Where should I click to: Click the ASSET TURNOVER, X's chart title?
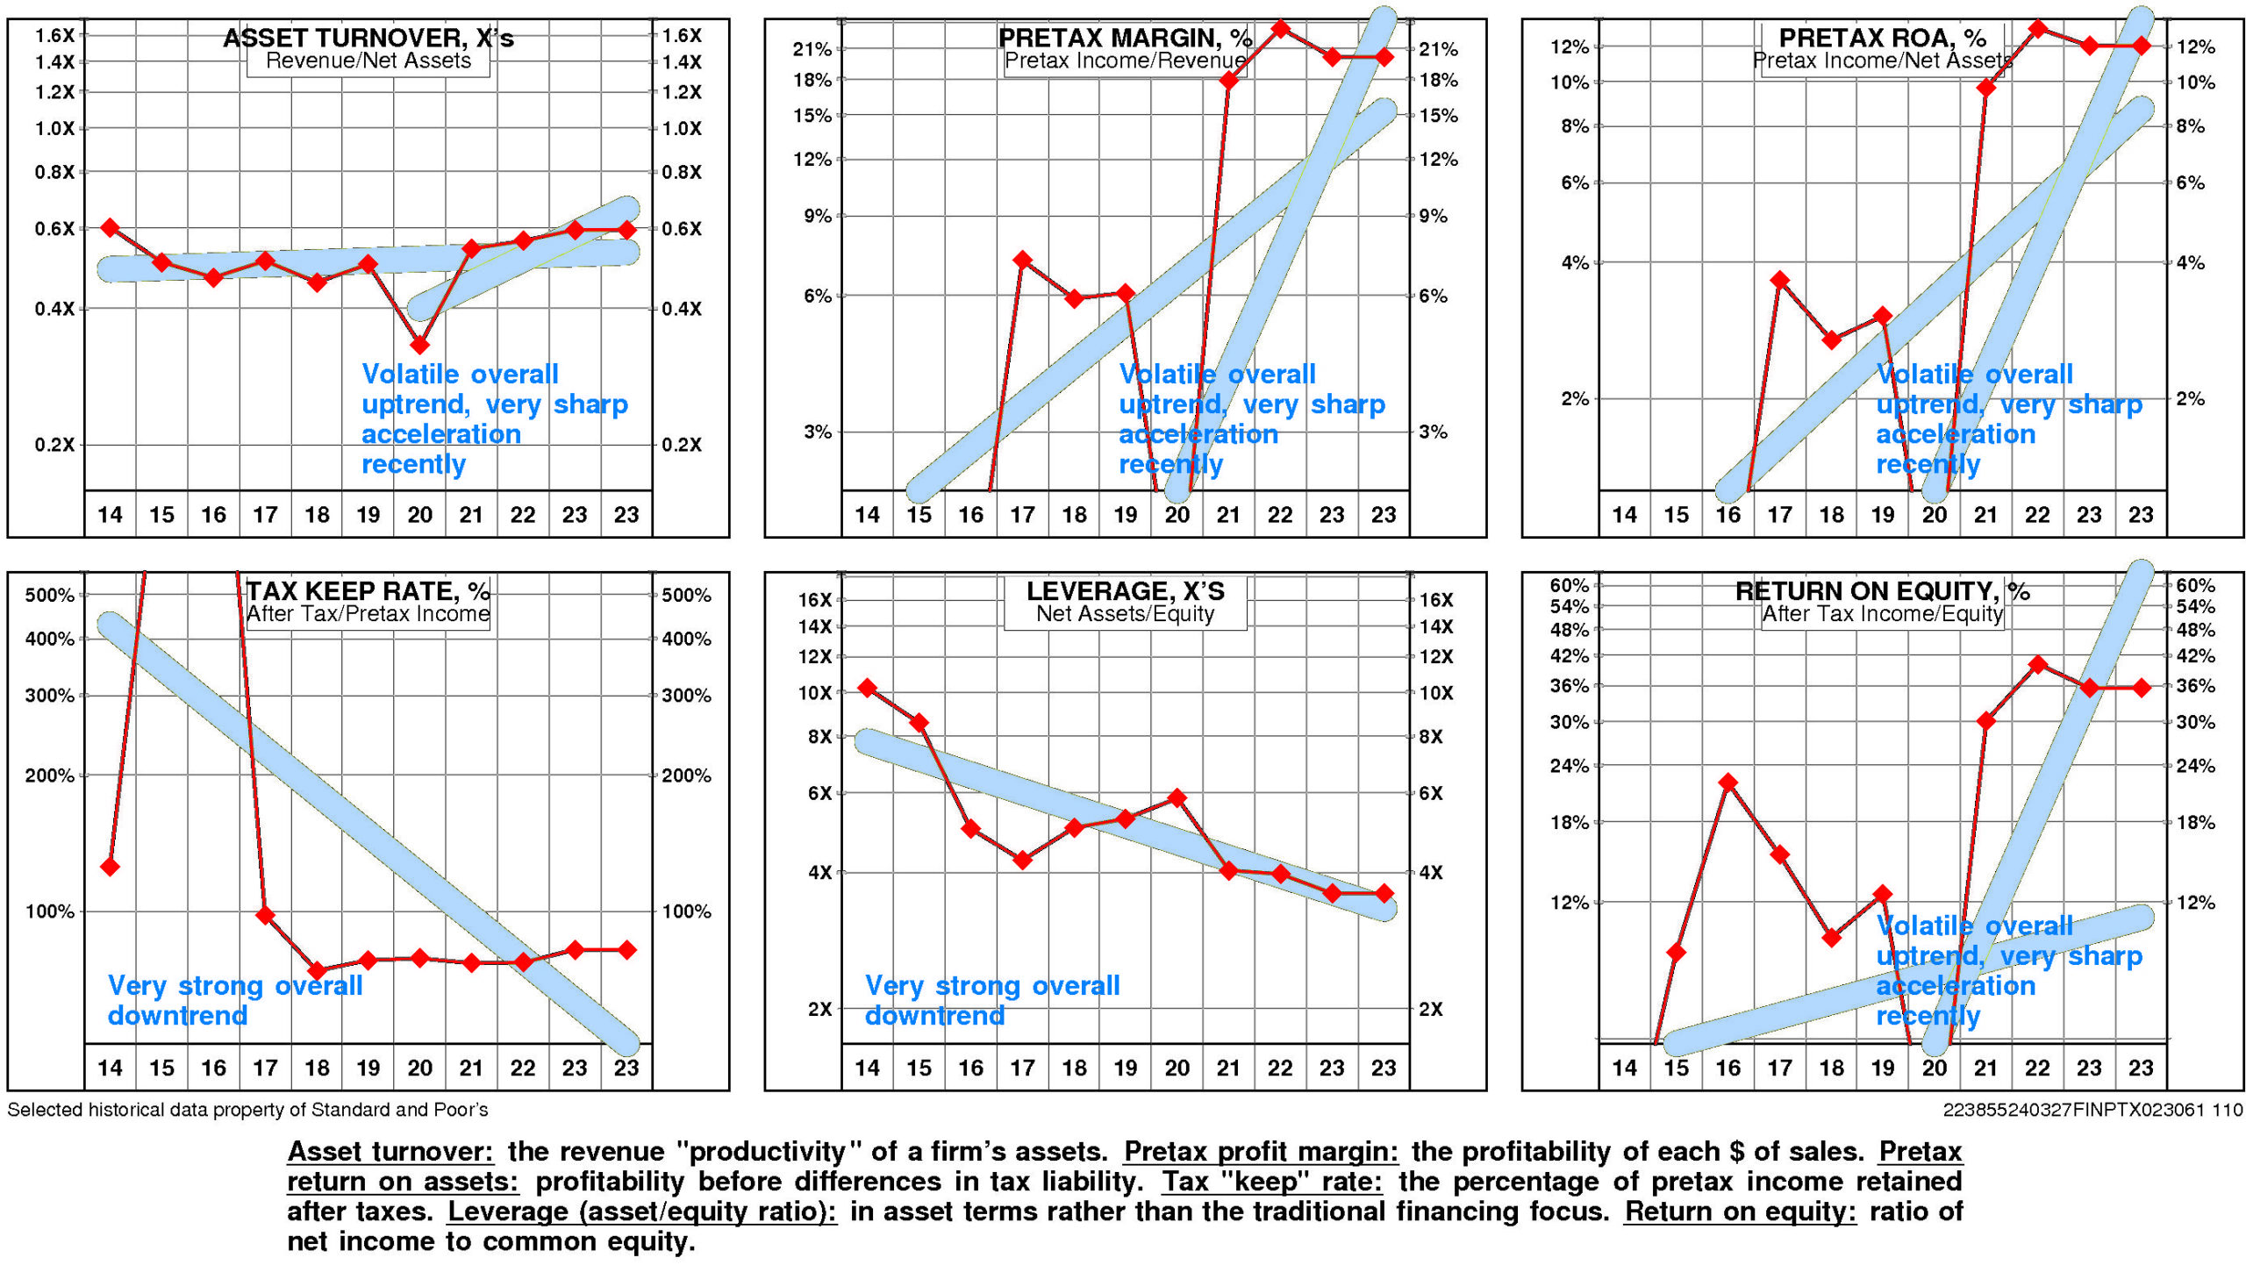[x=368, y=38]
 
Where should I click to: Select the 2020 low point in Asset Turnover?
[x=419, y=345]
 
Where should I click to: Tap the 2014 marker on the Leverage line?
[x=868, y=688]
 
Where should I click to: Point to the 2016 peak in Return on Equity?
[x=1728, y=783]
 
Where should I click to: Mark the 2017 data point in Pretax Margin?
[x=1022, y=260]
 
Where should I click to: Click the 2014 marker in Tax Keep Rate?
[x=110, y=867]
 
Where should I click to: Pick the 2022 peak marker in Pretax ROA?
[x=2038, y=29]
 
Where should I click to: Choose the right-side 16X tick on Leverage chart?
[x=1436, y=600]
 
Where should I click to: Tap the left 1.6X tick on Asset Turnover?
[x=54, y=35]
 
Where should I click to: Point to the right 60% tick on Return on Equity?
[x=2195, y=585]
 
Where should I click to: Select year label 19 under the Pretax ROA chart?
[x=1883, y=515]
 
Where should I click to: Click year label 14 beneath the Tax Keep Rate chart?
[x=110, y=1068]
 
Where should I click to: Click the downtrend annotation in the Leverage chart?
[x=991, y=1000]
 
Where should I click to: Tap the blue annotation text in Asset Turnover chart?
[x=494, y=418]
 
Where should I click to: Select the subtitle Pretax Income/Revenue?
[x=1125, y=61]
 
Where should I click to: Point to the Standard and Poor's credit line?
[x=247, y=1110]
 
